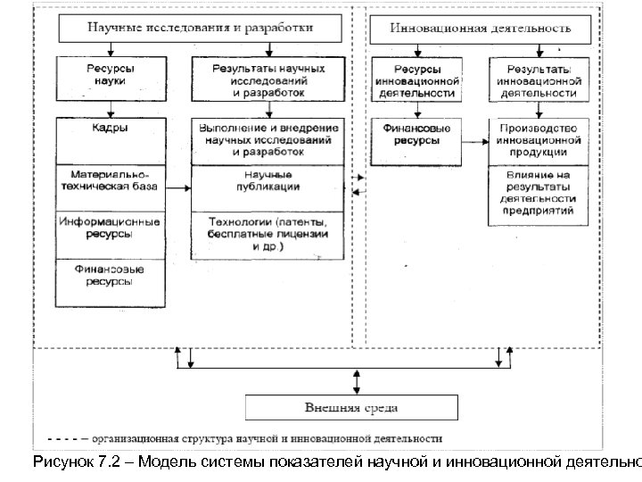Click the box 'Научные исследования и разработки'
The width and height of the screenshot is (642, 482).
[199, 28]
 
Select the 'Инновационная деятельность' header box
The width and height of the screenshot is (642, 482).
[481, 28]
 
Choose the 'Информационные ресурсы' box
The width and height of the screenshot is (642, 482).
[109, 229]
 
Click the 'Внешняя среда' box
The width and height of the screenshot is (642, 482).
[351, 408]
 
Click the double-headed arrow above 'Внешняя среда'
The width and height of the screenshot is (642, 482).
[357, 381]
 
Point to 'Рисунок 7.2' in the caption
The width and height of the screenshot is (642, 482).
[71, 461]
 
